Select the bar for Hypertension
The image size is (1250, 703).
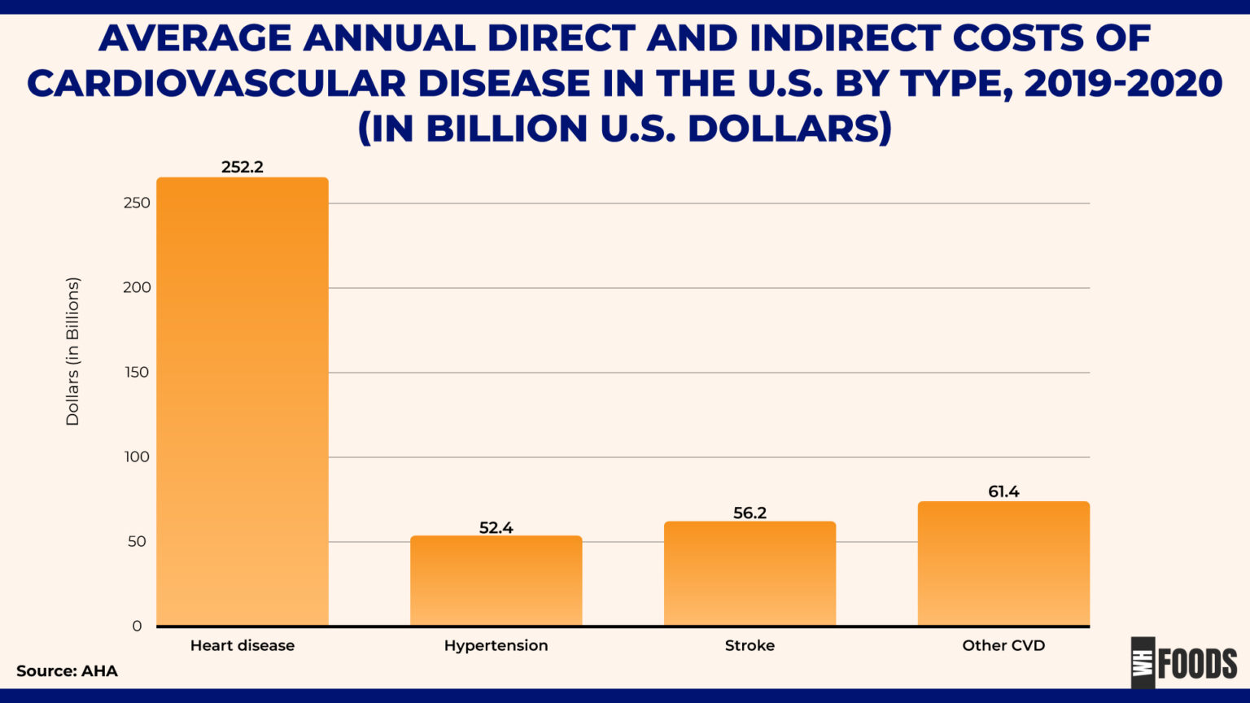(x=496, y=580)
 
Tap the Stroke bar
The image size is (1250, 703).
(x=750, y=573)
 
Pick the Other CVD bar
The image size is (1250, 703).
(x=1003, y=563)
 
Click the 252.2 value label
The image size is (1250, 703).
(x=243, y=167)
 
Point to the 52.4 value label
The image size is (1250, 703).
(x=496, y=528)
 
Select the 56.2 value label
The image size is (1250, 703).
(x=750, y=513)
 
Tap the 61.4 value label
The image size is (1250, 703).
(x=1003, y=491)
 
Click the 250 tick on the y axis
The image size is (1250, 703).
(x=137, y=203)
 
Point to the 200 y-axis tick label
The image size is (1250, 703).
(x=137, y=287)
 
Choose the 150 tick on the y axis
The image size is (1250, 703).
(x=137, y=372)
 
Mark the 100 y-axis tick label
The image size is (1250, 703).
(x=137, y=456)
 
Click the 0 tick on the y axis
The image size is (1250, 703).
(x=137, y=626)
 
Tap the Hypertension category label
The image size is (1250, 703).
(x=496, y=645)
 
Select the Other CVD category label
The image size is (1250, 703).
(x=1003, y=645)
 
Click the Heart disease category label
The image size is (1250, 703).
(x=243, y=645)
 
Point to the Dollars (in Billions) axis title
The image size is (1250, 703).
(x=72, y=351)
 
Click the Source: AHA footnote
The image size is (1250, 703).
(x=67, y=671)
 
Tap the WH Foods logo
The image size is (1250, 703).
(x=1183, y=662)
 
